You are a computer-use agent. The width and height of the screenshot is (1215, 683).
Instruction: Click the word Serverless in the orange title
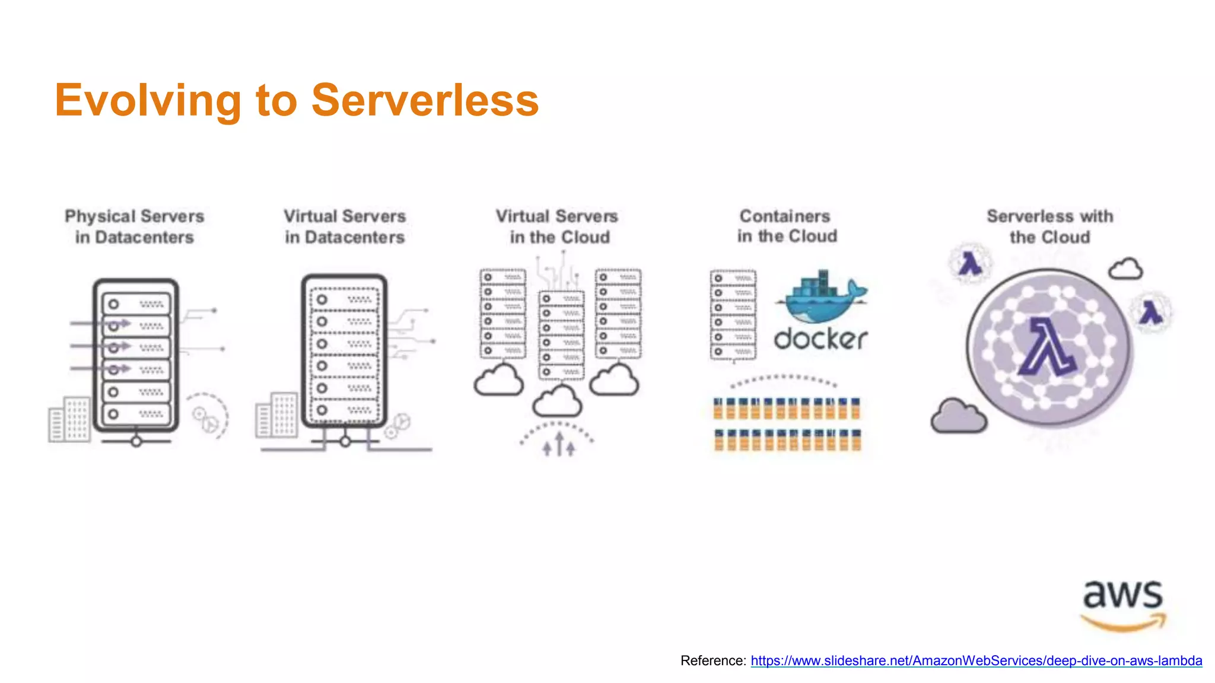coord(425,100)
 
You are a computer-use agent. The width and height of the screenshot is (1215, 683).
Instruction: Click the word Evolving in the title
coord(148,100)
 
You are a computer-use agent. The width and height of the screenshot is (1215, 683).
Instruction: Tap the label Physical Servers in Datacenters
coord(135,226)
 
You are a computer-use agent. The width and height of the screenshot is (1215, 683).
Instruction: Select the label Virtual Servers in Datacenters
coord(345,226)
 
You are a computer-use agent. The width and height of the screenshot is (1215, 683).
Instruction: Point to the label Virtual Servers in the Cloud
coord(558,226)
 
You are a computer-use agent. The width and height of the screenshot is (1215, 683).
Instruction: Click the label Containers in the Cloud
coord(787,226)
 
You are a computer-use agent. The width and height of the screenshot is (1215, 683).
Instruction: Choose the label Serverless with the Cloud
coord(1049,226)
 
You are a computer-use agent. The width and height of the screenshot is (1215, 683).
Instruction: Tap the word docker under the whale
coord(821,339)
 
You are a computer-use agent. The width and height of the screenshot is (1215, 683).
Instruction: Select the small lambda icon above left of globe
coord(970,263)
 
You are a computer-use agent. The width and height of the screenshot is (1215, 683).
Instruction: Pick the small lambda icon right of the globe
coord(1151,312)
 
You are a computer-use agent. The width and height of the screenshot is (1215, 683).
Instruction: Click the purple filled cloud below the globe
coord(958,416)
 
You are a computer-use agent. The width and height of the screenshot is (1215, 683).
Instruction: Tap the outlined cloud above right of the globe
coord(1125,269)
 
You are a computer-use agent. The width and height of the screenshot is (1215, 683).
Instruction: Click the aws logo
coord(1122,605)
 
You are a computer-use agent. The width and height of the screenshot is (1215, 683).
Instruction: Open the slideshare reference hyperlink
coord(976,660)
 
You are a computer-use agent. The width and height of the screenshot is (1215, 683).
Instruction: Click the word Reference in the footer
coord(713,660)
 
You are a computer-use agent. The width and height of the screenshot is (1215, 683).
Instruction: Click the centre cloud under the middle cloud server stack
coord(557,401)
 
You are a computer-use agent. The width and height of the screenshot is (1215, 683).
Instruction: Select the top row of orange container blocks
coord(787,408)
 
